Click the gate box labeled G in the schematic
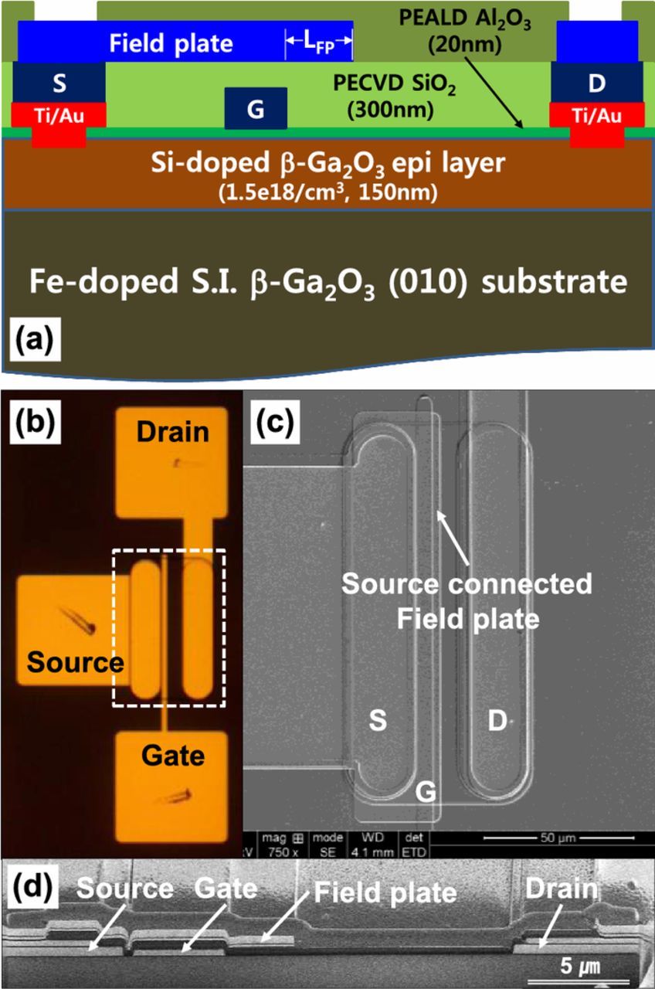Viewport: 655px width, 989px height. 256,108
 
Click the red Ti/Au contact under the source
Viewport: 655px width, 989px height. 58,116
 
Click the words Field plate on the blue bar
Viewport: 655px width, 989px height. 171,43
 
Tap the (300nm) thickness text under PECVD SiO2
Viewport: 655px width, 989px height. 388,110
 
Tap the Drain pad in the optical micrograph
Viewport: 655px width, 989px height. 172,463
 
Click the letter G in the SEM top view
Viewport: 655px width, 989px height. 423,790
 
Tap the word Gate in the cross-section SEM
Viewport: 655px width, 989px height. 225,889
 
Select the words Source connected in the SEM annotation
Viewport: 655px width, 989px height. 467,584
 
